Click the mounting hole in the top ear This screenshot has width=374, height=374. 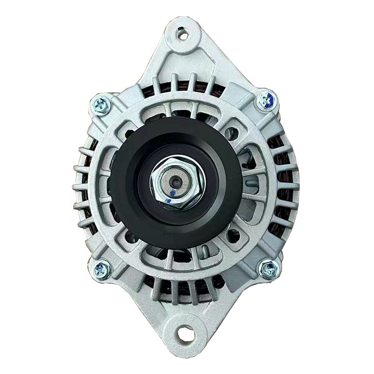[x=183, y=34]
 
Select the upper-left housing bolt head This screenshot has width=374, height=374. [x=101, y=105]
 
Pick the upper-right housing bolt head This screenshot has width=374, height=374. [x=267, y=100]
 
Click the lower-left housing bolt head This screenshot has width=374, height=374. [x=101, y=270]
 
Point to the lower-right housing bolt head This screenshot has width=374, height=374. [x=270, y=269]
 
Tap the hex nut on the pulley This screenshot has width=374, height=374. [x=176, y=183]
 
